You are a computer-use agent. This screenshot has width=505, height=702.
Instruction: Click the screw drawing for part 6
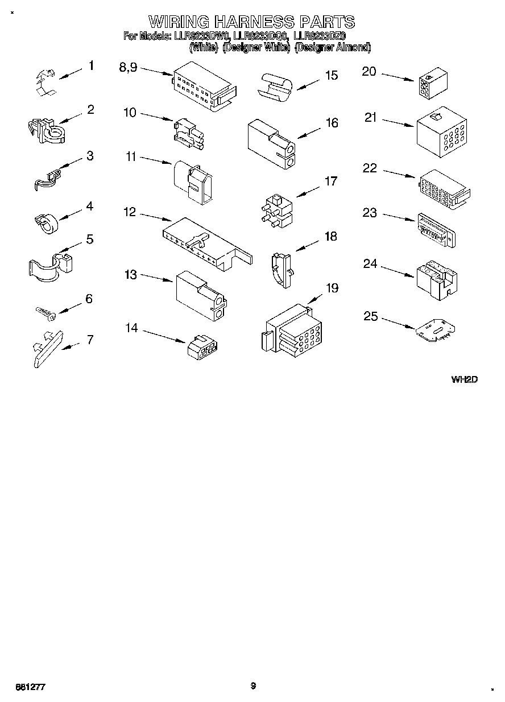tap(44, 312)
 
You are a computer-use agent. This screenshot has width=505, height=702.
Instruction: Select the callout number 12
tap(130, 212)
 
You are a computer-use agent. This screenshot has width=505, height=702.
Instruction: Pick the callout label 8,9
tap(128, 67)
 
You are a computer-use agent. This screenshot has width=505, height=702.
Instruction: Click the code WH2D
tap(463, 379)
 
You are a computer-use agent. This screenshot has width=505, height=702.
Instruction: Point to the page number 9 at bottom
tap(253, 686)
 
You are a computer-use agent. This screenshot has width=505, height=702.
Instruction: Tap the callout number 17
tap(330, 181)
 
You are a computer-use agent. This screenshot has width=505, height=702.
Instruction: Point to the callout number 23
tap(370, 213)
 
